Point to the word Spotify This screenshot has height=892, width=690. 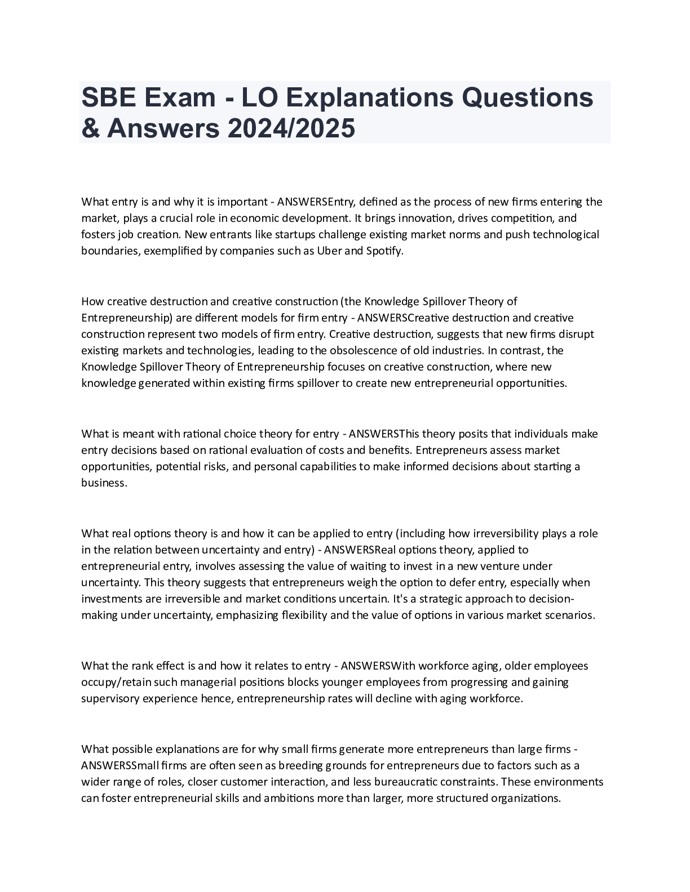pos(386,251)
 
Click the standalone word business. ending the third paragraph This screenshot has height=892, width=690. pos(104,483)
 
